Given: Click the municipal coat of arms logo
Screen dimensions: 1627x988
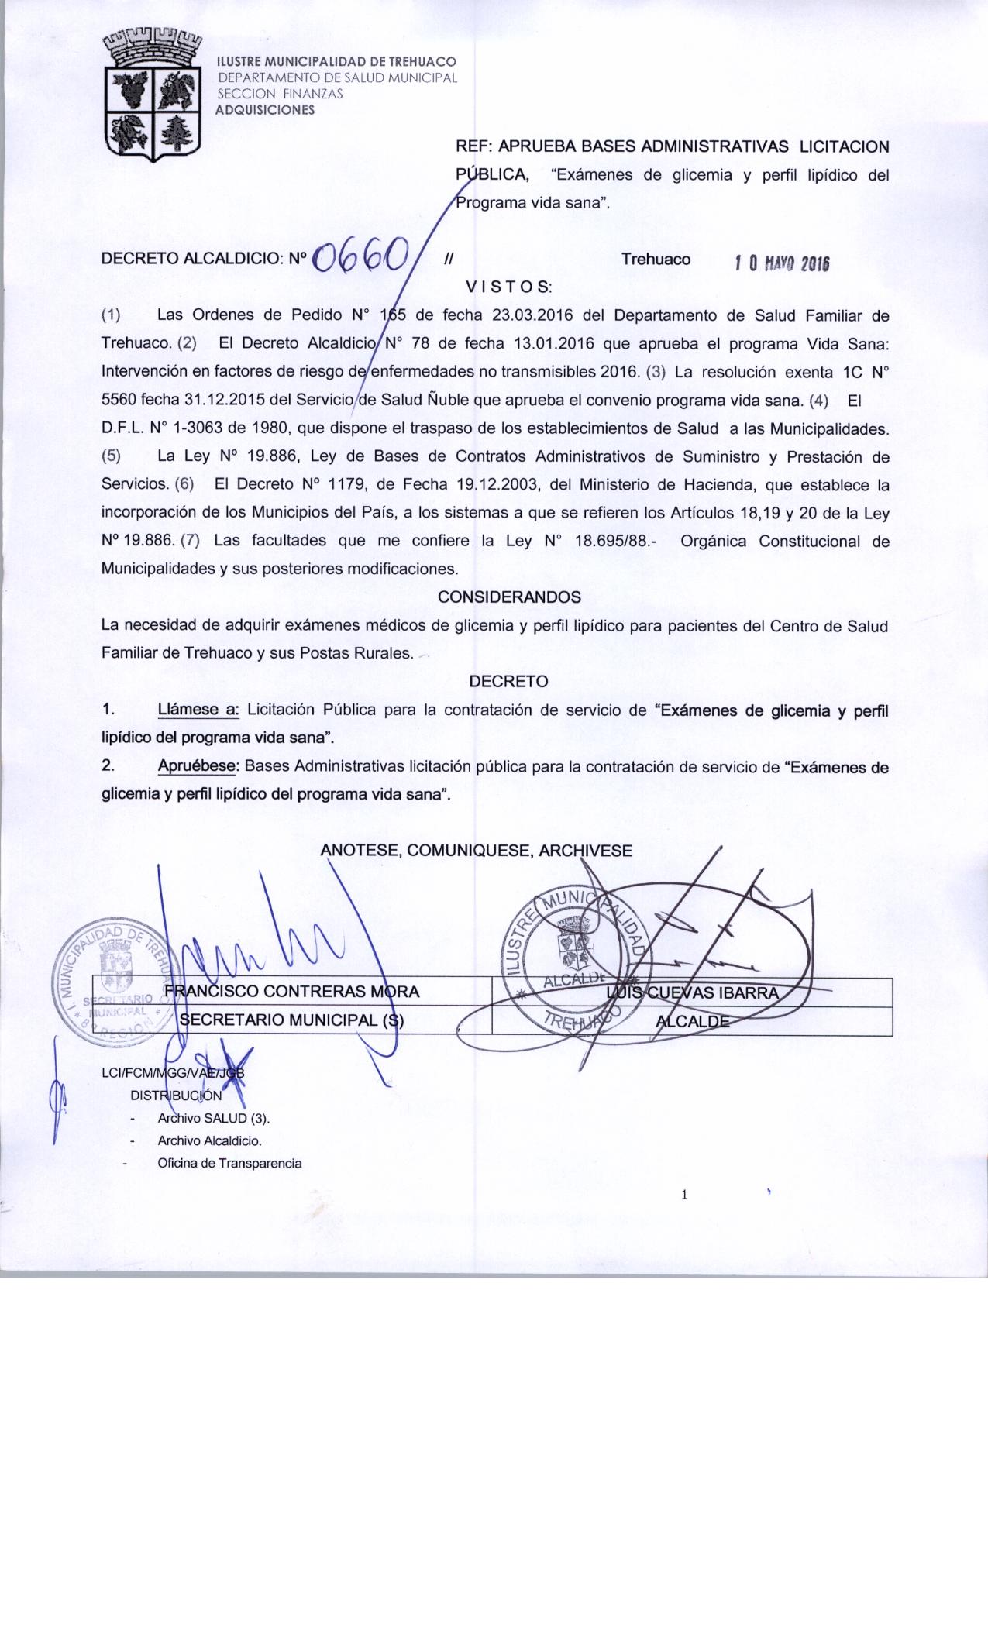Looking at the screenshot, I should click(x=152, y=95).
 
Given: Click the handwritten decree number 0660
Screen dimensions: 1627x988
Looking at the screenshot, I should click(x=361, y=256).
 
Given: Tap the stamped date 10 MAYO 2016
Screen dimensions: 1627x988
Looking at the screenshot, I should click(x=782, y=263).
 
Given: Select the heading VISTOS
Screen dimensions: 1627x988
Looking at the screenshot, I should click(x=508, y=287).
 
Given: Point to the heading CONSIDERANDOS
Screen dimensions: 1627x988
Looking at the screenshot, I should click(x=509, y=597).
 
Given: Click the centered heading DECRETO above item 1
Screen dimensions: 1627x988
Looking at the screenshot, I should click(x=508, y=682).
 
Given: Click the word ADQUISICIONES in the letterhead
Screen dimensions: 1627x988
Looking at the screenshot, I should click(x=265, y=110).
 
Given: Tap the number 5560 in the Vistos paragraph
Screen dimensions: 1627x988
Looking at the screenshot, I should click(x=119, y=401).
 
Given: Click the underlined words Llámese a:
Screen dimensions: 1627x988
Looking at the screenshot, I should click(x=199, y=710).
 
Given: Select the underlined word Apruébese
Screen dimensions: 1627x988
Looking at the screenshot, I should click(x=197, y=766).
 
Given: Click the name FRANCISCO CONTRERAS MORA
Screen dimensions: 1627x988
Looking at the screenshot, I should click(x=292, y=991).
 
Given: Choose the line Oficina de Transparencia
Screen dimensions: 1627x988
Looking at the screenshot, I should click(x=229, y=1163).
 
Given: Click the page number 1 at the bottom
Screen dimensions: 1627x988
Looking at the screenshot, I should click(x=684, y=1195).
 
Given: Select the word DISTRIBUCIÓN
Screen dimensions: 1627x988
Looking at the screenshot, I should click(x=176, y=1096).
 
